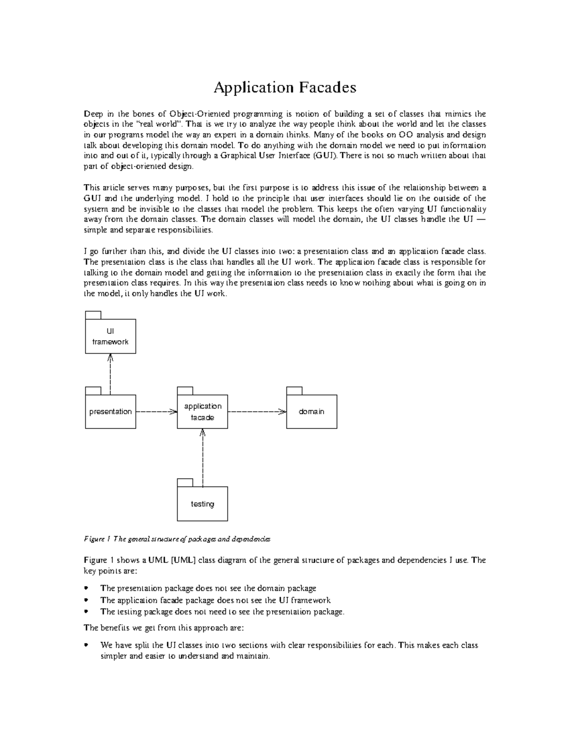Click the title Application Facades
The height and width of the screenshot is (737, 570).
coord(285,87)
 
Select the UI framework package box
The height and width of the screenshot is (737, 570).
coord(110,336)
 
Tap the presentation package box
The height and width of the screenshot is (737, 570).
coord(110,411)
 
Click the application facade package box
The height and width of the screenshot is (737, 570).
coord(202,411)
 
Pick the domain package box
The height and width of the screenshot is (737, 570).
coord(312,411)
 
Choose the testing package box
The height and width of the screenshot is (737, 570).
coord(202,504)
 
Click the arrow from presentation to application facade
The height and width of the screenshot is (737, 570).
coord(156,411)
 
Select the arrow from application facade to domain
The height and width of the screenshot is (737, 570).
coord(257,411)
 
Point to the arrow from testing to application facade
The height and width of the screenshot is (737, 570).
coord(203,458)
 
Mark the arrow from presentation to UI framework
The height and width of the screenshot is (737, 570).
coord(110,375)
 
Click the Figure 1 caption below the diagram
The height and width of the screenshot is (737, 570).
coord(177,539)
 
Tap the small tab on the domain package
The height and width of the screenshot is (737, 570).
coord(294,391)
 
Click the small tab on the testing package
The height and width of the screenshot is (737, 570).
coord(185,483)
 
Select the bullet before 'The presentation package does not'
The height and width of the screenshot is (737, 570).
coord(86,588)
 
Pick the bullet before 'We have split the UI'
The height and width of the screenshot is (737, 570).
coord(86,645)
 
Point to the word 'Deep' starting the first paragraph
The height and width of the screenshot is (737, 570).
coord(93,114)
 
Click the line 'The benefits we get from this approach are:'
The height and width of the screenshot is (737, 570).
coord(164,628)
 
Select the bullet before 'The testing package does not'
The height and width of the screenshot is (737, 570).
coord(86,612)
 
